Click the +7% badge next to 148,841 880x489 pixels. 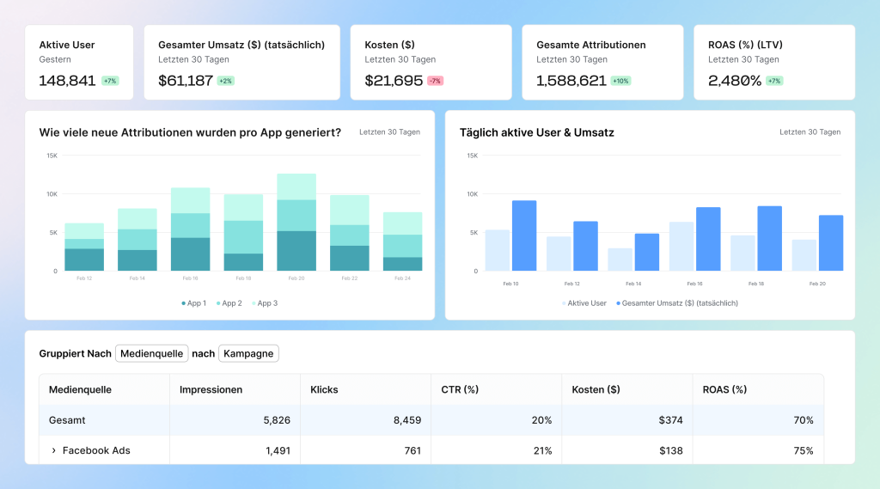tap(110, 81)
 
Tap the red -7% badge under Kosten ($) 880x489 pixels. tap(435, 81)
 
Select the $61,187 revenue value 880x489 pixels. tap(186, 81)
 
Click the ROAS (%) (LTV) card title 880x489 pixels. tap(745, 45)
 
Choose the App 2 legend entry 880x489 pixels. tap(229, 303)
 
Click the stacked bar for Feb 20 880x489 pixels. tap(296, 223)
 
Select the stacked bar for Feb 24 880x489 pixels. tap(403, 241)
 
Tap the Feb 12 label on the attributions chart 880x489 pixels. tap(83, 278)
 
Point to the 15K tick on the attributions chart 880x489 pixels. tap(52, 156)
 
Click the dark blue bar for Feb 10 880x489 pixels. tap(524, 235)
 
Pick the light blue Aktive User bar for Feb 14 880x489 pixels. tap(620, 260)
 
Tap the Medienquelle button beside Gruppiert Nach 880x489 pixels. tap(151, 354)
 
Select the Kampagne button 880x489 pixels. tap(248, 354)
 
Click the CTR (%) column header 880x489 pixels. tap(459, 389)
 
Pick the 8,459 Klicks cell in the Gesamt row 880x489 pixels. tap(403, 420)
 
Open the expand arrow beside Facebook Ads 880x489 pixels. tap(53, 450)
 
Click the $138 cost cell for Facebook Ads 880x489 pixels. tap(671, 450)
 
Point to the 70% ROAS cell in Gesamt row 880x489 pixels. tap(803, 420)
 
